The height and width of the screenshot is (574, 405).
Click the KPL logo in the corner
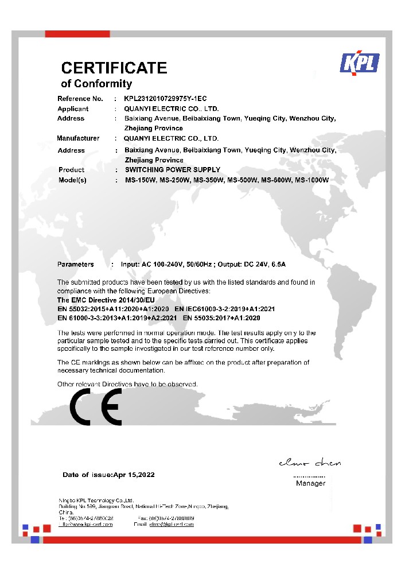360,63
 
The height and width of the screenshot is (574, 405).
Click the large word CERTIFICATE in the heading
114,68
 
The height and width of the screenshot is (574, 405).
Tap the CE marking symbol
95,406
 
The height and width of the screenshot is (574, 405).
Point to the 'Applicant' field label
73,108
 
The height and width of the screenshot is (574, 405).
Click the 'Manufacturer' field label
78,138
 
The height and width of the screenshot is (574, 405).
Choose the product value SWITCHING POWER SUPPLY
172,170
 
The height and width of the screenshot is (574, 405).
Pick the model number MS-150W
140,180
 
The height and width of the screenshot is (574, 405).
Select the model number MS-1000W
311,180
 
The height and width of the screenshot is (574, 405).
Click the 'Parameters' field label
75,265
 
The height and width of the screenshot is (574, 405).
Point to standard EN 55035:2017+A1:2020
221,317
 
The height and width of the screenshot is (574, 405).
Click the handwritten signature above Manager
309,463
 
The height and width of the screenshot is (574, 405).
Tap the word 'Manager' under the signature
310,483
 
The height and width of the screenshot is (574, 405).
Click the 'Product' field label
71,170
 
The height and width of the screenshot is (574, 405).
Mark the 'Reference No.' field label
80,99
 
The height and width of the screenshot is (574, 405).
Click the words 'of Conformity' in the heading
96,84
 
